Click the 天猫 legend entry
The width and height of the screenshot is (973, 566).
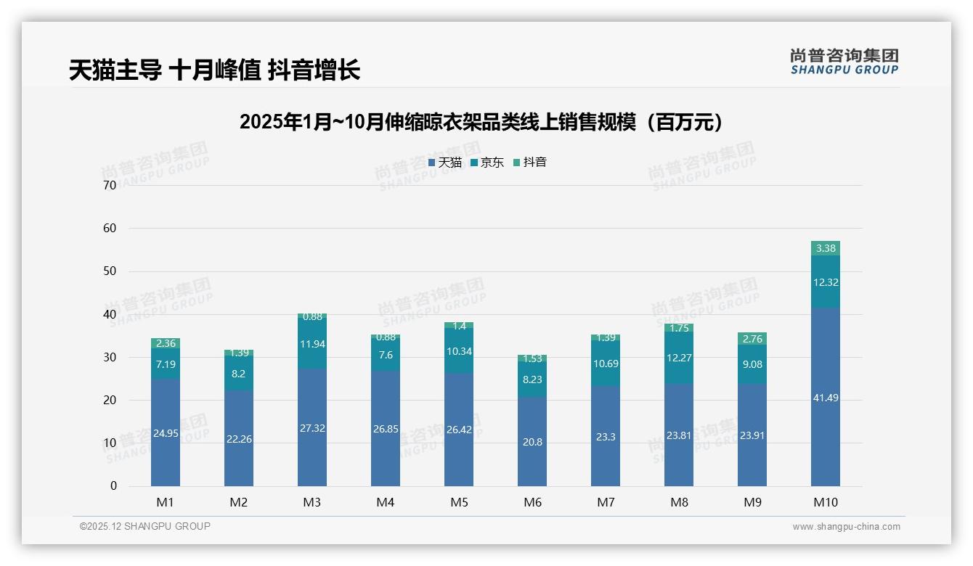pos(445,163)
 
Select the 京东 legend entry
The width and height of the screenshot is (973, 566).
pos(487,163)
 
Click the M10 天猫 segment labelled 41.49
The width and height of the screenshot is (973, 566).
pos(826,397)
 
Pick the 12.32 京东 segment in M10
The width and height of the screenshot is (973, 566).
pos(826,282)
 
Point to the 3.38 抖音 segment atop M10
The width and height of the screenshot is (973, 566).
pos(826,248)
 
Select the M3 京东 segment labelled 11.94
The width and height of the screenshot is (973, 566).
pos(312,343)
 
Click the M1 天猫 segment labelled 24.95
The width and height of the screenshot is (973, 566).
pos(166,432)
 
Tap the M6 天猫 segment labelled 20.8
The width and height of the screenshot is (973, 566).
pos(532,441)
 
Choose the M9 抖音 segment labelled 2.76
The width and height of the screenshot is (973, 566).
pos(752,339)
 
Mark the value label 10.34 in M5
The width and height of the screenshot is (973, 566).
pos(459,351)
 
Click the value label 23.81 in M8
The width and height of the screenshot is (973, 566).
pos(679,436)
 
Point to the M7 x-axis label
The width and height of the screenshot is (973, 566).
pos(606,502)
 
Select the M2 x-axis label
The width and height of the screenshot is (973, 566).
pos(239,502)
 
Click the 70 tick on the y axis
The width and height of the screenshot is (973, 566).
pos(110,185)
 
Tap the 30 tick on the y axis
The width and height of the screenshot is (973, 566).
pos(110,357)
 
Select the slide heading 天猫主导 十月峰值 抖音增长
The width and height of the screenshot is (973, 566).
pos(214,70)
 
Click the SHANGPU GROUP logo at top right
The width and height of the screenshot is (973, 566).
pos(844,62)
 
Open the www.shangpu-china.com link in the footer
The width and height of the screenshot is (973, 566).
pos(846,527)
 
